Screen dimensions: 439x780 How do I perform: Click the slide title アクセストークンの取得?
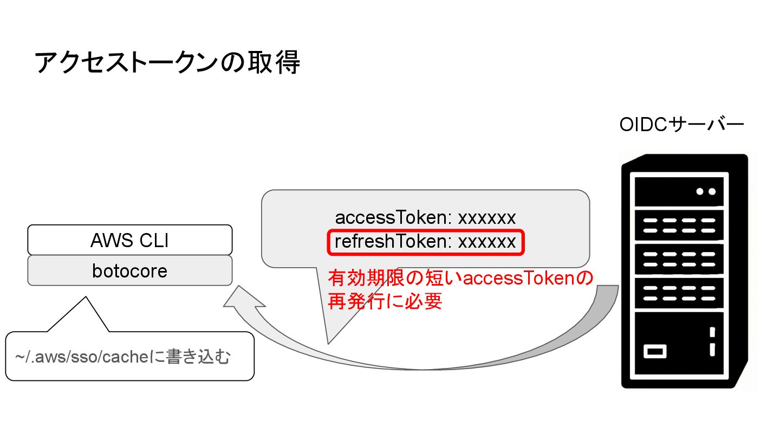coord(167,63)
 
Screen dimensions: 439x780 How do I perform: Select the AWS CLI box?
coord(129,240)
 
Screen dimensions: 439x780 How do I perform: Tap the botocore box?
coord(129,270)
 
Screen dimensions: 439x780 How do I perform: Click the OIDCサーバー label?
coord(682,125)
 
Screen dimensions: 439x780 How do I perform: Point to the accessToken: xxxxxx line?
coord(425,218)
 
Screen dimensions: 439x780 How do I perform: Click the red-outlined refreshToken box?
coord(425,242)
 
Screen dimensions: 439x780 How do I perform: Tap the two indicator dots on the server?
coord(706,191)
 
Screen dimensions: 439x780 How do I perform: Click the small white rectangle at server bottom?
coord(655,351)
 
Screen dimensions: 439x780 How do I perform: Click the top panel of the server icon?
coord(679,191)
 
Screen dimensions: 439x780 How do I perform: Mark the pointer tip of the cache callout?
coord(86,298)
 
